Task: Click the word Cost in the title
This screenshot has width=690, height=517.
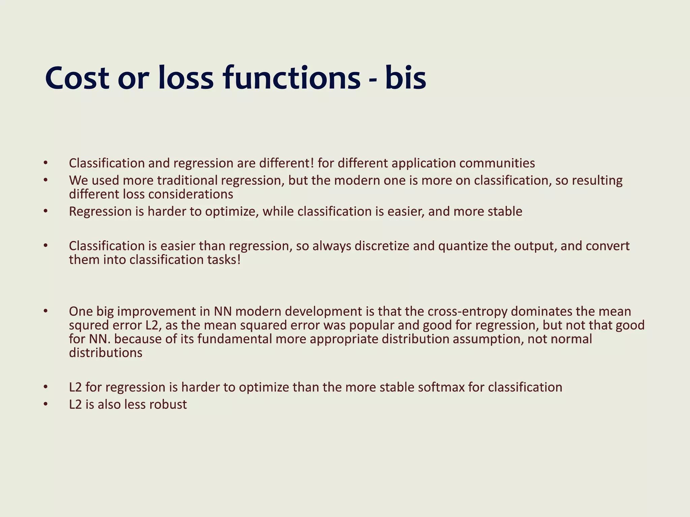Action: coord(77,78)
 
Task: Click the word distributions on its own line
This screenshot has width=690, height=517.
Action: coord(105,353)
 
